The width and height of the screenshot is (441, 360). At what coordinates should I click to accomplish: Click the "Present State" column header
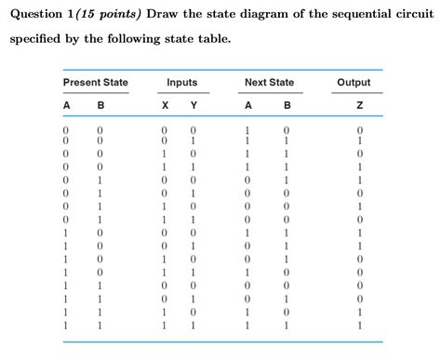point(95,83)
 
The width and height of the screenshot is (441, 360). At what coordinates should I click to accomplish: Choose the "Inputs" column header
point(181,83)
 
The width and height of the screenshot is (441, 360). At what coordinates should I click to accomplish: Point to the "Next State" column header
point(269,83)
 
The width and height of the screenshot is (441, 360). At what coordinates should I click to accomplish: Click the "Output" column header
point(354,83)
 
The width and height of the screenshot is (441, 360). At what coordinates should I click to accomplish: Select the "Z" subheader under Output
point(358,105)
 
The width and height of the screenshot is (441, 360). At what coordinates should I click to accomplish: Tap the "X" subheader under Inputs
point(164,105)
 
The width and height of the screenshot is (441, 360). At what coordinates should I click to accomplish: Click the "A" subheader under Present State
point(66,105)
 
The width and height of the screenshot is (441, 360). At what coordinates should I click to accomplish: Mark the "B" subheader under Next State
point(286,105)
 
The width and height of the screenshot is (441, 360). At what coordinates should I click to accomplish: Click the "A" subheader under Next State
point(247,105)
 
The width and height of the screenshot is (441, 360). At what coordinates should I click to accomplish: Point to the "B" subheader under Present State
point(100,105)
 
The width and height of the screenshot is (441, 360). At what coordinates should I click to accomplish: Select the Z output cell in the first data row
point(358,129)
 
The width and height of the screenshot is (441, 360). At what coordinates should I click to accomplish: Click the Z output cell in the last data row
point(358,327)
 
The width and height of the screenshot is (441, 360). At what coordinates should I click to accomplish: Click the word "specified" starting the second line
point(37,41)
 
